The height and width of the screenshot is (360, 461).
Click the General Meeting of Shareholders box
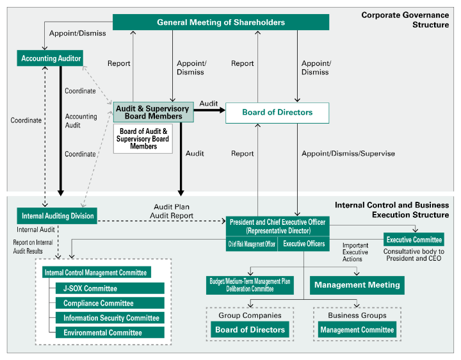pyautogui.click(x=221, y=22)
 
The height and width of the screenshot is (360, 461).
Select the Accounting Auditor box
pyautogui.click(x=51, y=58)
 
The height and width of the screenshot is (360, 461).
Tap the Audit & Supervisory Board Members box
pyautogui.click(x=153, y=112)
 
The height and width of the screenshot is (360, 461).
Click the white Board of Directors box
pyautogui.click(x=277, y=113)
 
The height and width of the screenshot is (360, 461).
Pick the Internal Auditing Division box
pyautogui.click(x=57, y=216)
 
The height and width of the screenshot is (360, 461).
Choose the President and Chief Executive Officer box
pyautogui.click(x=277, y=226)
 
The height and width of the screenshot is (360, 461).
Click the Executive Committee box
pyautogui.click(x=414, y=240)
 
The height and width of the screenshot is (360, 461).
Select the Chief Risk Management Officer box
pyautogui.click(x=252, y=244)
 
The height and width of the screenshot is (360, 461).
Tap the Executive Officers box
pyautogui.click(x=303, y=244)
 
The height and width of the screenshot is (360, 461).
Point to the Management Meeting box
pyautogui.click(x=357, y=285)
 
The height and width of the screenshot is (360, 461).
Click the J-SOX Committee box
pyautogui.click(x=109, y=288)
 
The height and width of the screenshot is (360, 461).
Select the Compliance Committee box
pyautogui.click(x=109, y=303)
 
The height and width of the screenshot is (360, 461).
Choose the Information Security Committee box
pyautogui.click(x=109, y=318)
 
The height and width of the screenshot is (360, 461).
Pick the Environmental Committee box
pyautogui.click(x=109, y=332)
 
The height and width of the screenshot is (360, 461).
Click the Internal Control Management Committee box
pyautogui.click(x=96, y=272)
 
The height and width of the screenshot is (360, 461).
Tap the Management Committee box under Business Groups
pyautogui.click(x=357, y=330)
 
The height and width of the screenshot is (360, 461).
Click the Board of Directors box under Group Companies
pyautogui.click(x=250, y=330)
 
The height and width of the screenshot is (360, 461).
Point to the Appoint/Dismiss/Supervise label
pyautogui.click(x=348, y=154)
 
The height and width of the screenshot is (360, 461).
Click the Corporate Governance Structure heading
pyautogui.click(x=405, y=20)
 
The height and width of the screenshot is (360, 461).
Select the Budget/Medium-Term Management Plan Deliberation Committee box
pyautogui.click(x=250, y=285)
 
